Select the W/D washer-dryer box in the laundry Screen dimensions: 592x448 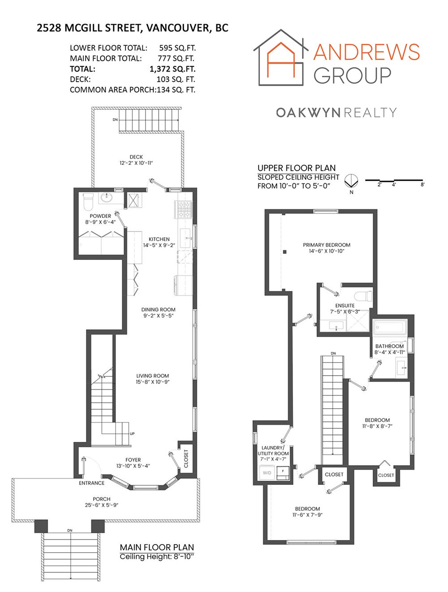(267, 473)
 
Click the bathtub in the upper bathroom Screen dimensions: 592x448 (390, 327)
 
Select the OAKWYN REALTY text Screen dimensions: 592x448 (336, 112)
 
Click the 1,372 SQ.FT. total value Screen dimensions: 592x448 (172, 69)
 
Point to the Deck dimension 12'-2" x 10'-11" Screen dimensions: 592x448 (136, 163)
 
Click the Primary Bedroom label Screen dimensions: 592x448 (327, 245)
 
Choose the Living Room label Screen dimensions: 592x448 (152, 376)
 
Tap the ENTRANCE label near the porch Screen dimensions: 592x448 (92, 483)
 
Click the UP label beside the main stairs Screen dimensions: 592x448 (132, 434)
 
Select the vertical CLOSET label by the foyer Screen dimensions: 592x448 (186, 458)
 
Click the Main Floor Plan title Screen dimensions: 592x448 (157, 547)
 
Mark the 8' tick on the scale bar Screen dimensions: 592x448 (422, 184)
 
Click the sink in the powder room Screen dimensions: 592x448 (107, 197)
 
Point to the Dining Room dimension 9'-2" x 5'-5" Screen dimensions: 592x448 (158, 315)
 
